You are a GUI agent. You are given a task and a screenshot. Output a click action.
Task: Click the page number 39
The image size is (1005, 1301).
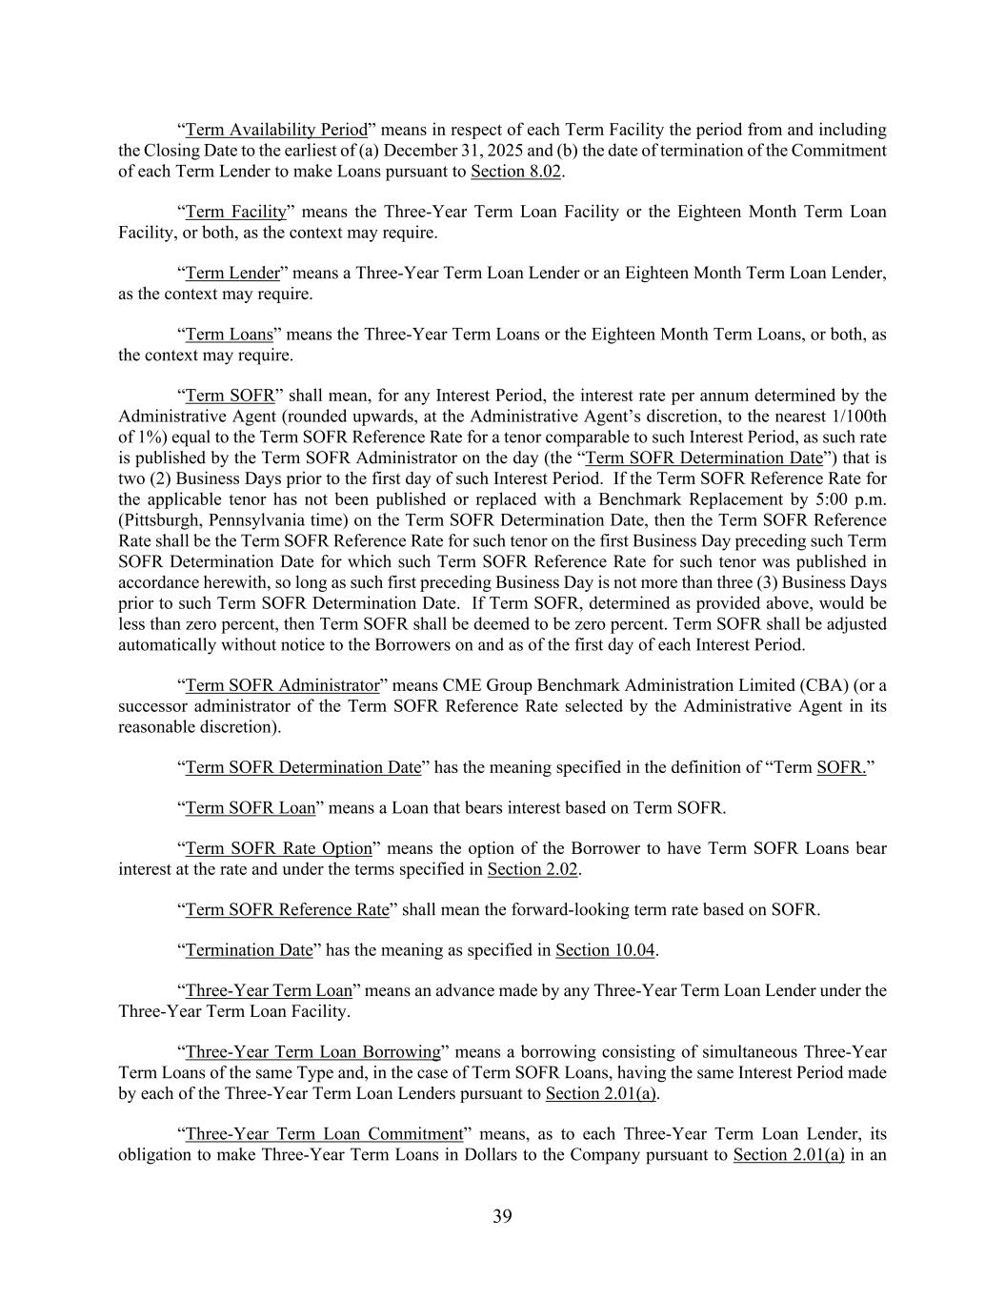pos(502,1216)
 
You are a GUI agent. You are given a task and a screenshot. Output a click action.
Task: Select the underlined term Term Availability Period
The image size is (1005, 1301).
pos(276,130)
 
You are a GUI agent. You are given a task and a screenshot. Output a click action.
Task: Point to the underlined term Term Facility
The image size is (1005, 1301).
pos(235,212)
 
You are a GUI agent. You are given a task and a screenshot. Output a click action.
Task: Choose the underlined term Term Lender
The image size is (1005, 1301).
pos(232,274)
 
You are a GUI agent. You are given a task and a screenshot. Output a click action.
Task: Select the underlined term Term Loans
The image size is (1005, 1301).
pos(229,335)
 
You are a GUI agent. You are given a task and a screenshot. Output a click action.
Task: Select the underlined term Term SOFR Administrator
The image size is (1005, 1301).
pos(282,685)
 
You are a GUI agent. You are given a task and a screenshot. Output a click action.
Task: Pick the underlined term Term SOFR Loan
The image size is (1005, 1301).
pos(250,808)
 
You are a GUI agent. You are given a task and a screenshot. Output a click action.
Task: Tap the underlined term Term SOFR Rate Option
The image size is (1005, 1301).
pos(278,848)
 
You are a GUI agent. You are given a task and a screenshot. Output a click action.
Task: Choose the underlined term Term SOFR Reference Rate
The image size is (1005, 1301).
pos(287,909)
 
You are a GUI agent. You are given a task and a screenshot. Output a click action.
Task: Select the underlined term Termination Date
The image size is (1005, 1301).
pos(249,950)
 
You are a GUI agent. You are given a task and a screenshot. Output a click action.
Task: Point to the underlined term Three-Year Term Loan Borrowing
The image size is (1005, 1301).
pos(312,1052)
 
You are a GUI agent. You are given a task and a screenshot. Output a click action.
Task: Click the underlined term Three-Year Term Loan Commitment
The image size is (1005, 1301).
pos(323,1134)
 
